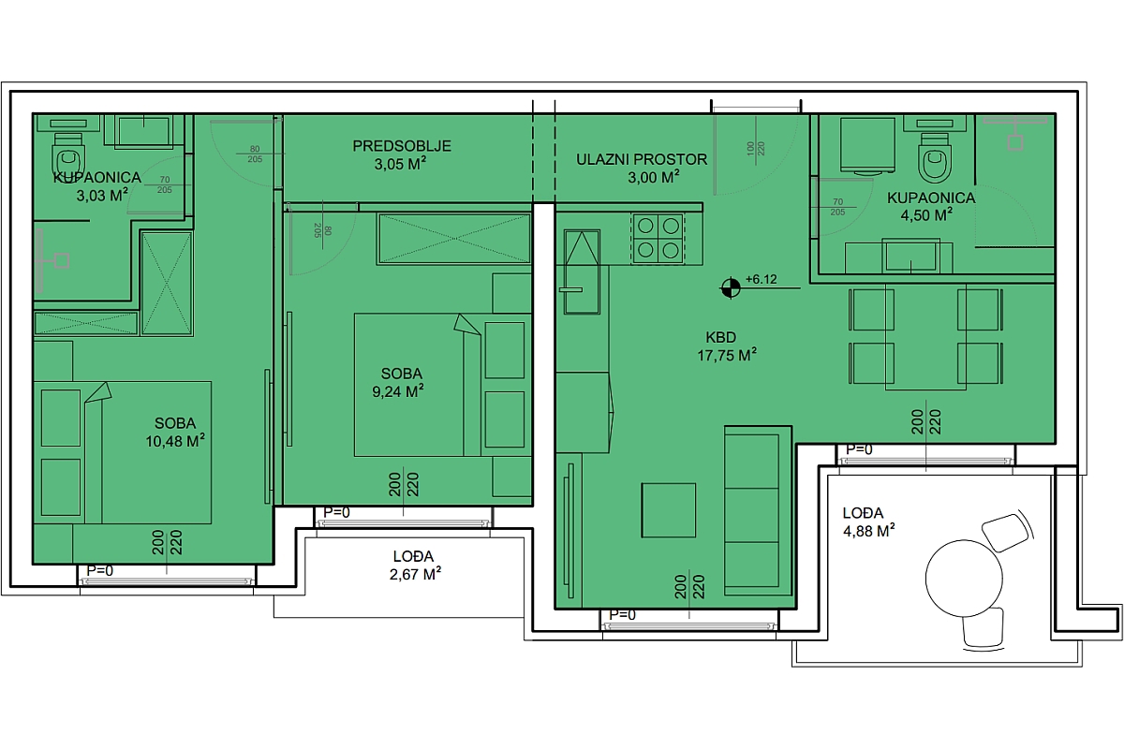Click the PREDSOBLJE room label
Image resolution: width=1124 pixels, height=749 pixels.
point(402,146)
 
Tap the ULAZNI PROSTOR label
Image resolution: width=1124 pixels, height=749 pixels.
point(642,159)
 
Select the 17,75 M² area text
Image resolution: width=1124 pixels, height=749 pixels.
point(727,355)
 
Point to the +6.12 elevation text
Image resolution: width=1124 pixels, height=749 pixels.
point(762,279)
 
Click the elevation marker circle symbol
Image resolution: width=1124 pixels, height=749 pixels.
point(730,288)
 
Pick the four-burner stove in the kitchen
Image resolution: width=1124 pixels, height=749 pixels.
point(658,239)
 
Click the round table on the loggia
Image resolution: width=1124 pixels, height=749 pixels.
point(964,579)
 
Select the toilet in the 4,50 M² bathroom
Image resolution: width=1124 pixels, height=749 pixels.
point(935,157)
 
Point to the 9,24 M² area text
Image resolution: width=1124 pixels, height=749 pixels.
point(398,391)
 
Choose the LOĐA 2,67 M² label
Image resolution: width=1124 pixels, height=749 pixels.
point(414,565)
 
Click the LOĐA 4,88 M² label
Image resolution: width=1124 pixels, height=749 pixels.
point(868,521)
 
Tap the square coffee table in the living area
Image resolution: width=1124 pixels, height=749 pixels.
point(669,510)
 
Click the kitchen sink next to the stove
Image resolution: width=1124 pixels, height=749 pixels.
point(582,272)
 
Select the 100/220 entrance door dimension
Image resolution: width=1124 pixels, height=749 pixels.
point(755,149)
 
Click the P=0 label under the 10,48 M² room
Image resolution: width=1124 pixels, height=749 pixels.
point(100,570)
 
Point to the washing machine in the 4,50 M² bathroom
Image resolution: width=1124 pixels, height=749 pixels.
point(867,145)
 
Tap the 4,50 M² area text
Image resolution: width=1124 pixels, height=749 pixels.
point(926,215)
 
